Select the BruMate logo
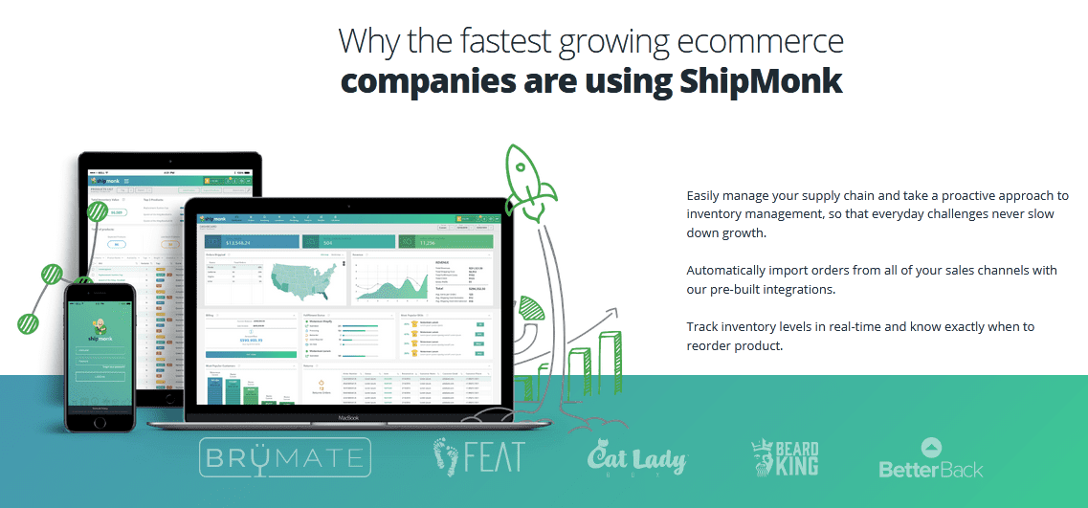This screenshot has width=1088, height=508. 284,457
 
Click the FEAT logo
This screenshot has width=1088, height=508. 478,456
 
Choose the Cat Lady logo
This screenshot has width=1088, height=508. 636,459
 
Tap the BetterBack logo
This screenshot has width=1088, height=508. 931,459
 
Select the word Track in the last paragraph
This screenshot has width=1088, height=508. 702,326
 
